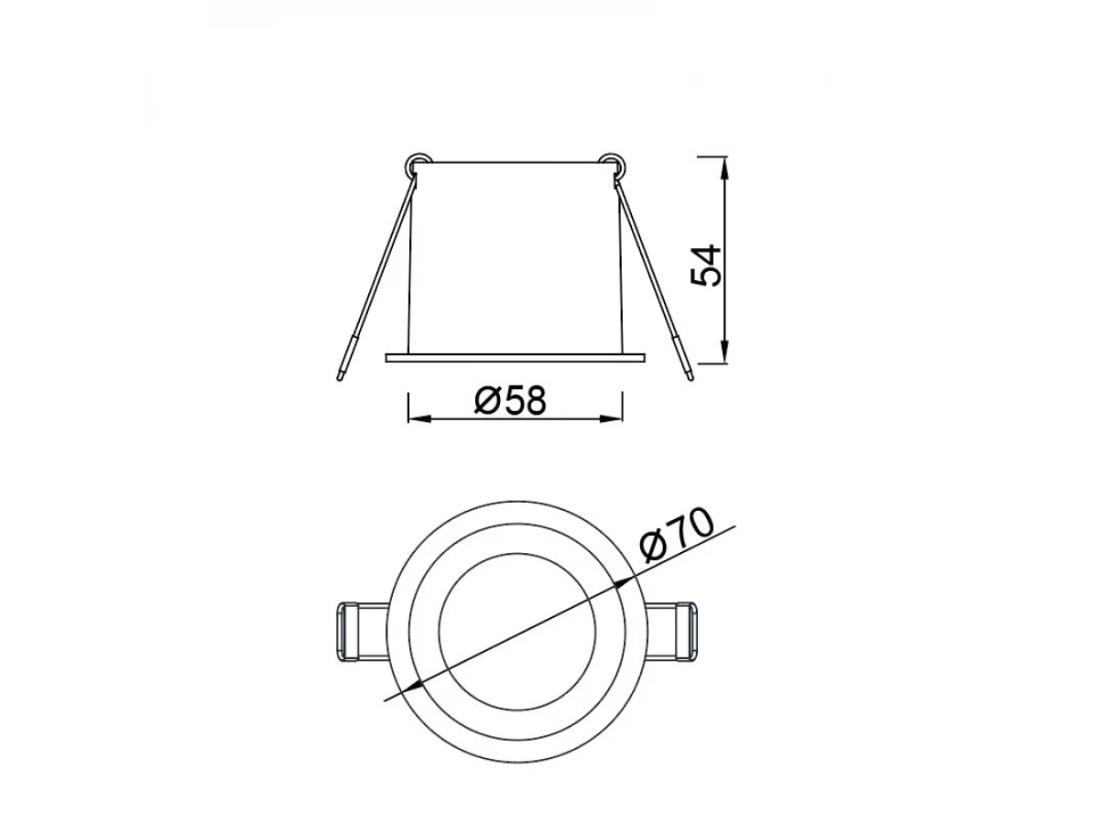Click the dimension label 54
(705, 266)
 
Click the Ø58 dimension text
(511, 401)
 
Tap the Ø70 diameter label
(677, 536)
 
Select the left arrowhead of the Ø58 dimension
(420, 418)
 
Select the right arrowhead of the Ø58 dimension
(612, 418)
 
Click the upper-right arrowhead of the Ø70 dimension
(624, 583)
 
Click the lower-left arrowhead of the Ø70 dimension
(411, 688)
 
